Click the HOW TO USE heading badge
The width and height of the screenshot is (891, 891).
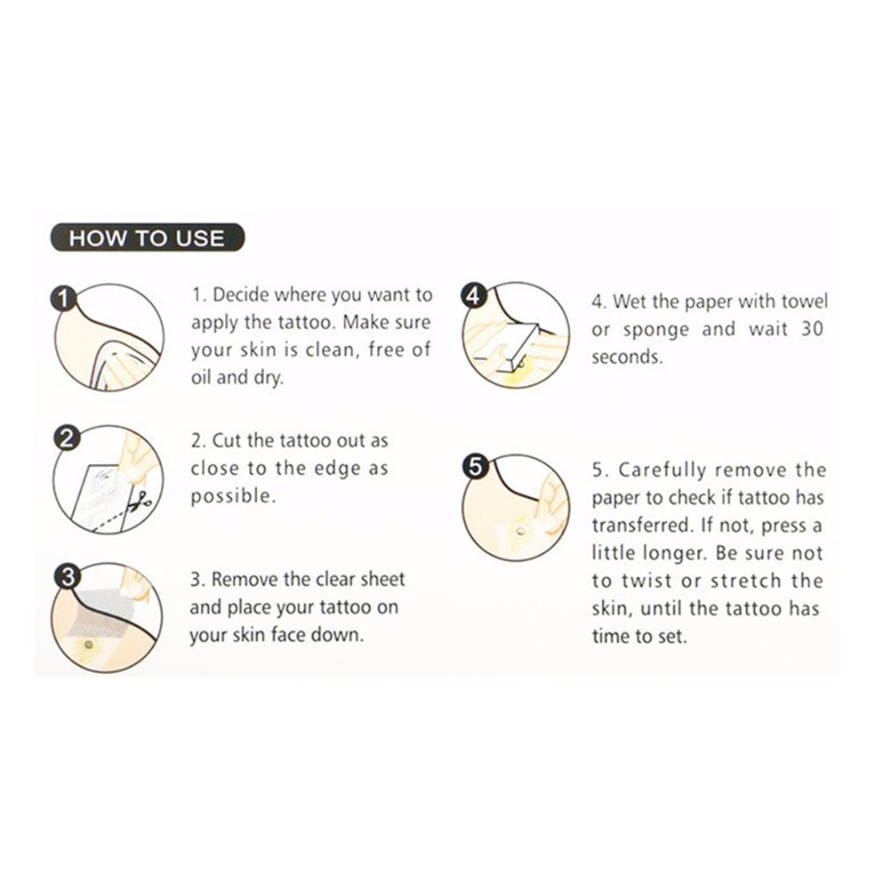(x=148, y=237)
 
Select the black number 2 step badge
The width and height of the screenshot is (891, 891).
(x=66, y=438)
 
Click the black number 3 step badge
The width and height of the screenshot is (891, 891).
(x=67, y=577)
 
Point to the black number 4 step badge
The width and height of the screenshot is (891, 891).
(x=473, y=296)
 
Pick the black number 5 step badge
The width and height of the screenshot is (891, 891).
(x=476, y=467)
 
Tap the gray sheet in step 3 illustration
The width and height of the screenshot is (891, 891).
(x=100, y=613)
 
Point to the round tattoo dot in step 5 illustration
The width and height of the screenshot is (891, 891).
(x=520, y=532)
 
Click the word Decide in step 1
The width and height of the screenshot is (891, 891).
(x=240, y=295)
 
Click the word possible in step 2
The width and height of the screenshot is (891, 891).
(x=233, y=497)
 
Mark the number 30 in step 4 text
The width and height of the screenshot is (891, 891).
(x=812, y=329)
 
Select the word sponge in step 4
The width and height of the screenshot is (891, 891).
(x=655, y=331)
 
